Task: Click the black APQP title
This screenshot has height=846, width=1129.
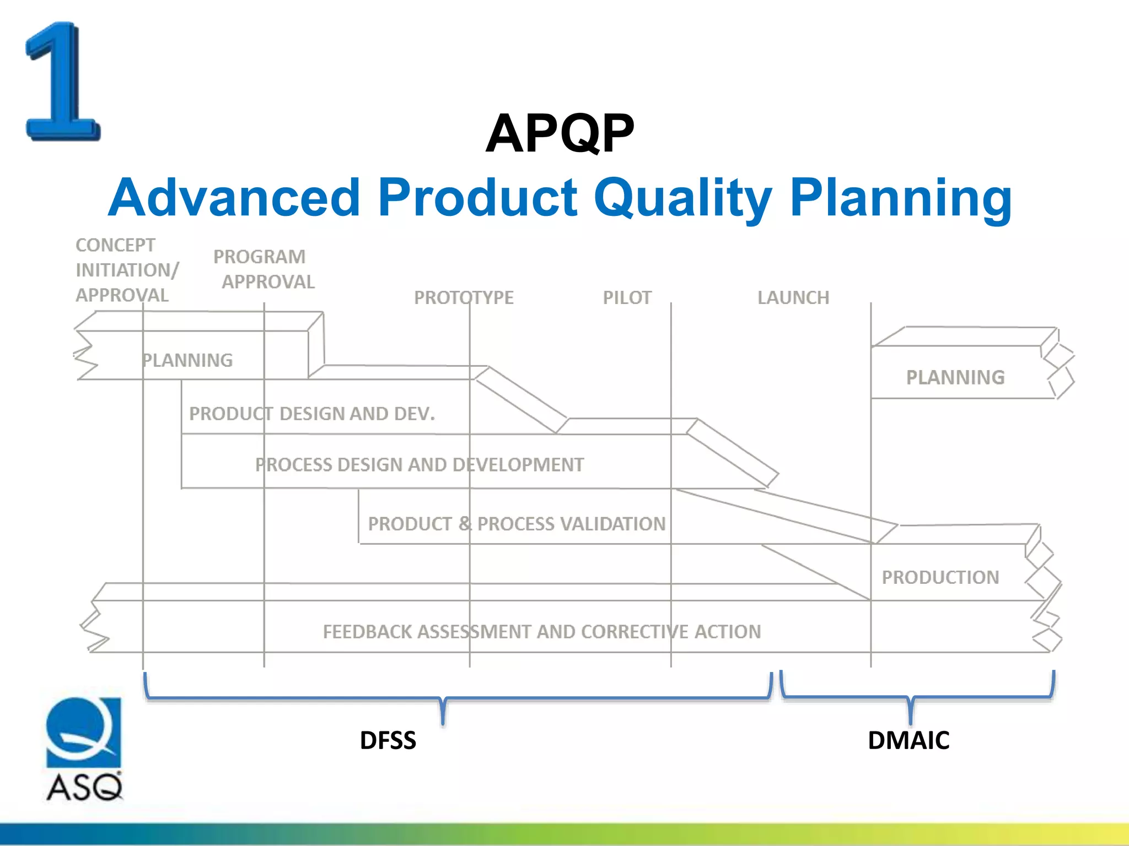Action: click(560, 133)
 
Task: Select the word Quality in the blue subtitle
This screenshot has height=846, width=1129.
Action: click(682, 198)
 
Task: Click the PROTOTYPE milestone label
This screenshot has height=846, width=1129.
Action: click(464, 297)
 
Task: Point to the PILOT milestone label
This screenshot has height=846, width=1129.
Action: click(627, 297)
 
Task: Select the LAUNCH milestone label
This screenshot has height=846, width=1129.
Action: click(793, 297)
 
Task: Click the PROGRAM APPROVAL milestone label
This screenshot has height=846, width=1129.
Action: click(264, 269)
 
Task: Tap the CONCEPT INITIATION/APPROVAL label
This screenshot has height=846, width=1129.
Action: click(127, 270)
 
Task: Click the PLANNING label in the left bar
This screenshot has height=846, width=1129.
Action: click(187, 360)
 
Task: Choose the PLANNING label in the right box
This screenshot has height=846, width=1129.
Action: click(955, 377)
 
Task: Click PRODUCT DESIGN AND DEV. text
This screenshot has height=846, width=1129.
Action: click(312, 414)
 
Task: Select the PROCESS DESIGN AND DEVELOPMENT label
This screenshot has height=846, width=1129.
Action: click(419, 465)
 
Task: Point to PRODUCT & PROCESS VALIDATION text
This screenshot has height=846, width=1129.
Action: click(517, 524)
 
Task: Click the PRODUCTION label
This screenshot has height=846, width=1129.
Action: click(940, 577)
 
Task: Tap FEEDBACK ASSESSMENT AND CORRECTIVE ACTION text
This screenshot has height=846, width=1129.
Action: click(541, 632)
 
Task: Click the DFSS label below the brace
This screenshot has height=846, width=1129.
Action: click(388, 740)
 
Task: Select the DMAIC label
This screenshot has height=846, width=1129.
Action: click(908, 740)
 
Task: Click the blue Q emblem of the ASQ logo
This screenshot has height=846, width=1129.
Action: click(83, 732)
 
